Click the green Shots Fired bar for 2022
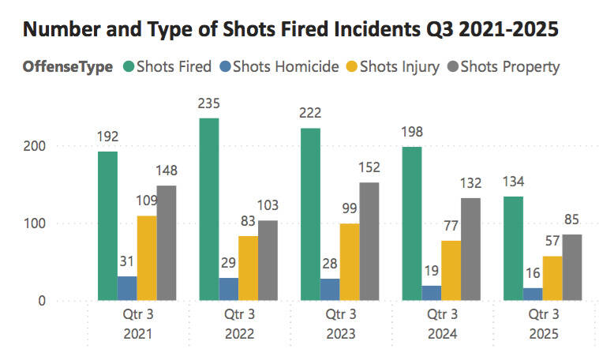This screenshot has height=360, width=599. pos(209,209)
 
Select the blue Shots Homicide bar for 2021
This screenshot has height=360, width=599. pos(127,288)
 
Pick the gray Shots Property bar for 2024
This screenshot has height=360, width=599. pos(471,249)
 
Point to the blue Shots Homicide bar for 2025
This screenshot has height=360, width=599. pos(533,294)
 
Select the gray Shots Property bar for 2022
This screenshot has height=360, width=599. pos(268,261)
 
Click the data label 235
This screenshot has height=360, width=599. pos(209,105)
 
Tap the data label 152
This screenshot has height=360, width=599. pos(369,167)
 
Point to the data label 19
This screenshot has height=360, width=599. pos(432,271)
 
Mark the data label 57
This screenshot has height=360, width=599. pos(552,242)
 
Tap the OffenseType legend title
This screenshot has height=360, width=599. pos(67,66)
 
